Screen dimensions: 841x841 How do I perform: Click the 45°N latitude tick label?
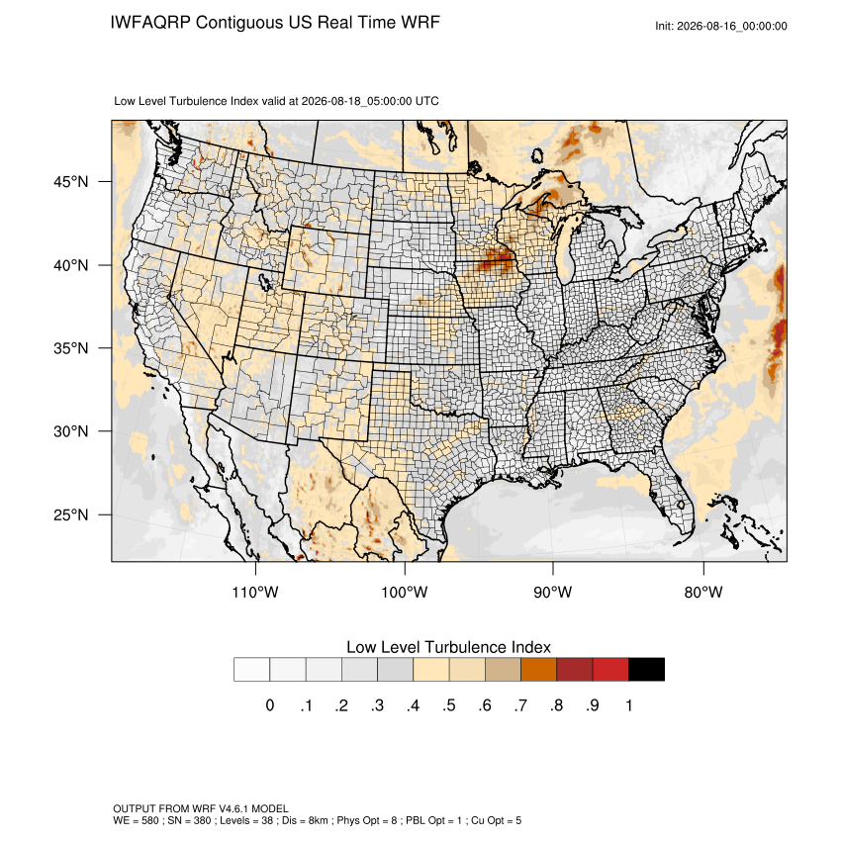pyautogui.click(x=71, y=182)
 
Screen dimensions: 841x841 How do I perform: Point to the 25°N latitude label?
pyautogui.click(x=71, y=514)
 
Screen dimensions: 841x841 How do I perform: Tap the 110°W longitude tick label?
pyautogui.click(x=255, y=592)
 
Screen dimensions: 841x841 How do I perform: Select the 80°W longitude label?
pyautogui.click(x=703, y=592)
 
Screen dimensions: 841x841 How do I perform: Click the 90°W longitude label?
pyautogui.click(x=553, y=592)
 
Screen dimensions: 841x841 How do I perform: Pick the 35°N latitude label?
pyautogui.click(x=71, y=348)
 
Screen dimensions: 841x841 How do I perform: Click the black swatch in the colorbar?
pyautogui.click(x=646, y=670)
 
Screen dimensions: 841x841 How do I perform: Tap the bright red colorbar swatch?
pyautogui.click(x=610, y=670)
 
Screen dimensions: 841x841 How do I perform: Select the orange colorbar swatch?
pyautogui.click(x=538, y=670)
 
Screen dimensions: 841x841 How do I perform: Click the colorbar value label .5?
pyautogui.click(x=449, y=705)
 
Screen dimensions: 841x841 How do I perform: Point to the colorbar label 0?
pyautogui.click(x=270, y=705)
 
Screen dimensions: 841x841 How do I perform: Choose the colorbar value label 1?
pyautogui.click(x=628, y=705)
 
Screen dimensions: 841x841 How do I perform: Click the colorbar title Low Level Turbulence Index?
pyautogui.click(x=448, y=647)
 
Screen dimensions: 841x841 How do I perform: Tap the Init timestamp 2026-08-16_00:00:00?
pyautogui.click(x=732, y=26)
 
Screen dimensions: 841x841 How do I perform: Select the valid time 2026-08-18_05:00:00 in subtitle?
pyautogui.click(x=356, y=101)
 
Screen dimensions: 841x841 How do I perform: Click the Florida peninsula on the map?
pyautogui.click(x=672, y=494)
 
